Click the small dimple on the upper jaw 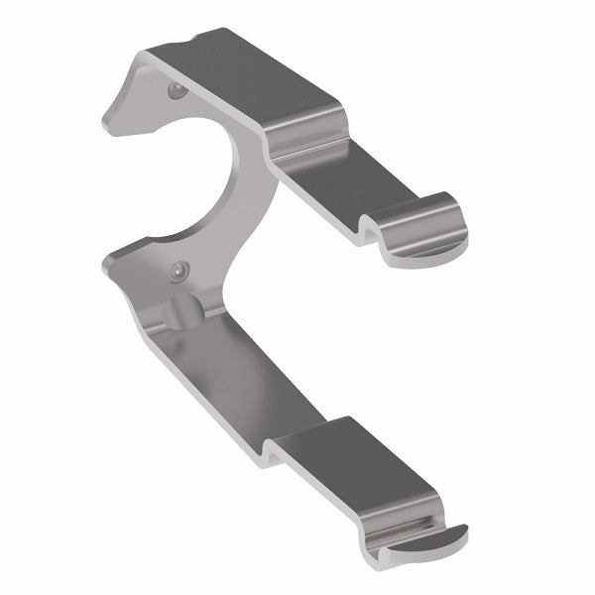tap(176, 91)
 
